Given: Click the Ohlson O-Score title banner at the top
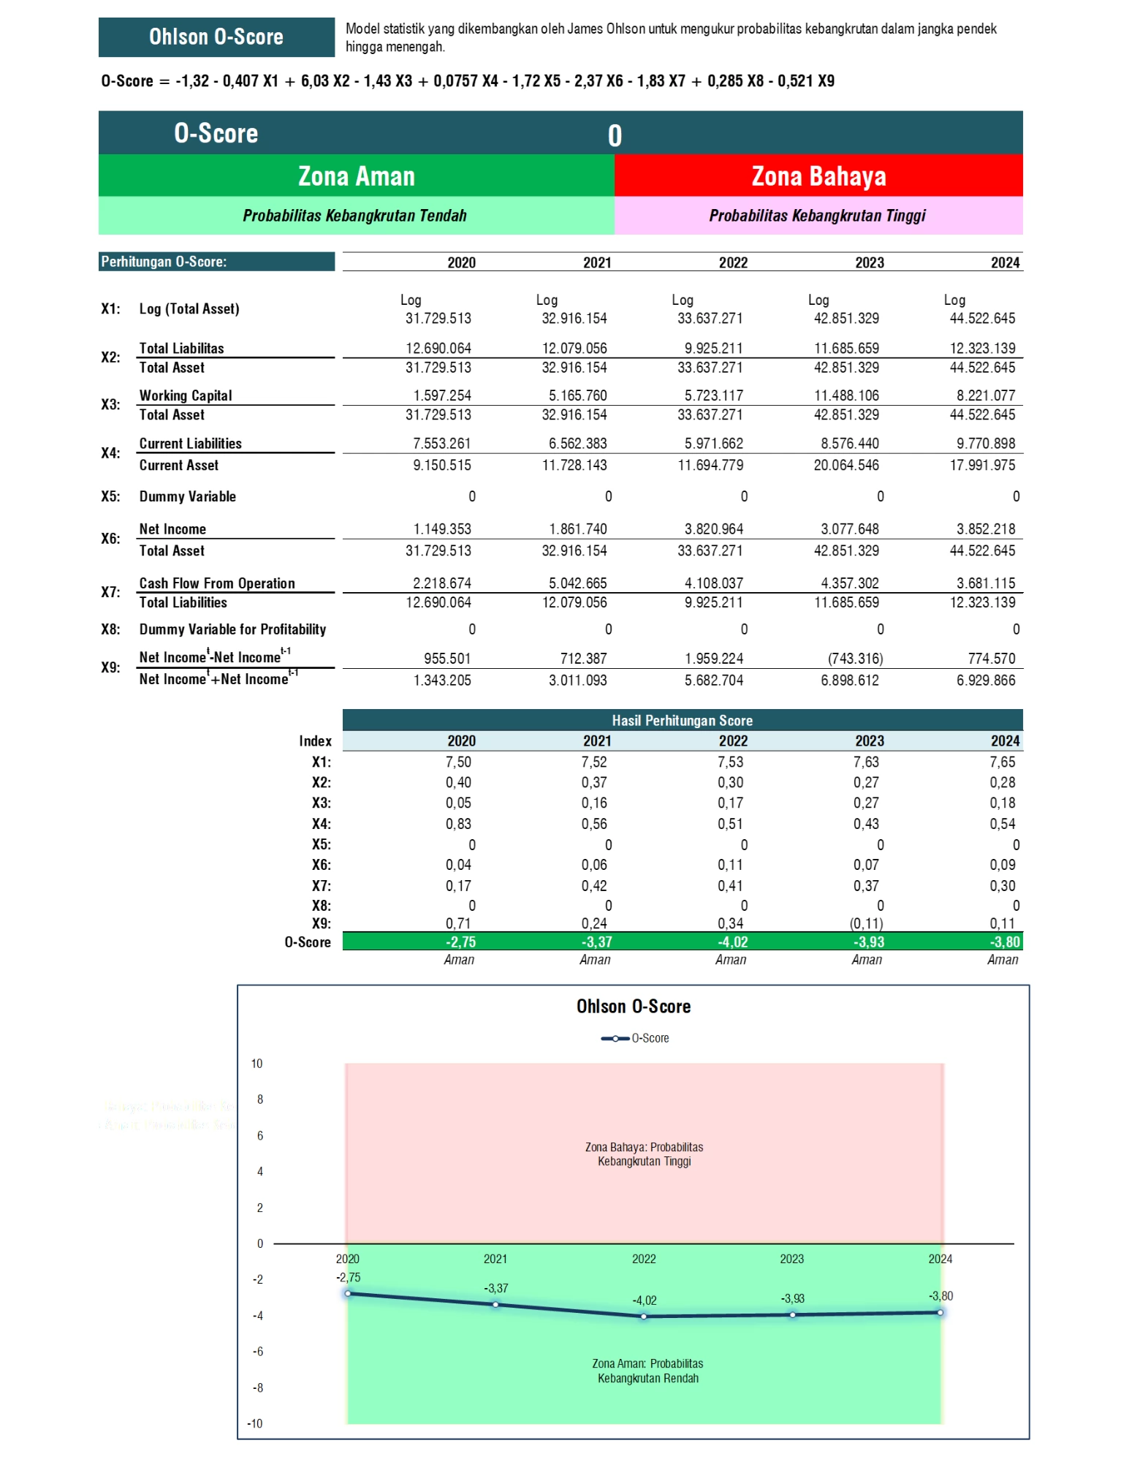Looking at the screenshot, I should [x=216, y=37].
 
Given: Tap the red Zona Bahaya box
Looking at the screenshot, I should [x=818, y=176].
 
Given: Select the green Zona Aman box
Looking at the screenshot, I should [x=356, y=176].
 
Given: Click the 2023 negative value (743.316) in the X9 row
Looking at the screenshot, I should [x=855, y=659].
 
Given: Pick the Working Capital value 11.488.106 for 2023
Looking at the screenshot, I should [x=846, y=395].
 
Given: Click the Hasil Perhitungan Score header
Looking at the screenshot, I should [x=682, y=720].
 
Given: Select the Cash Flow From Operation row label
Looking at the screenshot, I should [x=217, y=583].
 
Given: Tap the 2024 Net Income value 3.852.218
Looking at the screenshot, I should [x=982, y=529].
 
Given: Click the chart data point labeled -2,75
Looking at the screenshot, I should [x=348, y=1293].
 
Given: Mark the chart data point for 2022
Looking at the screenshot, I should [x=644, y=1316].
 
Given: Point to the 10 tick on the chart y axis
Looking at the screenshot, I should [x=256, y=1064].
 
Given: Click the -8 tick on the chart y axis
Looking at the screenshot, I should [x=257, y=1387].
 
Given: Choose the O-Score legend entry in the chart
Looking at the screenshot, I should [x=634, y=1038].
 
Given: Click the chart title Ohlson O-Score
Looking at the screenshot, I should [x=633, y=1007].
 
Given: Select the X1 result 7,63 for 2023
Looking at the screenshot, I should [x=866, y=762].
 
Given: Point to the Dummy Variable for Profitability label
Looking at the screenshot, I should [x=232, y=629].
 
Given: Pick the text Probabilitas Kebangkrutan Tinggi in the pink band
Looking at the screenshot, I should [x=817, y=216].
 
